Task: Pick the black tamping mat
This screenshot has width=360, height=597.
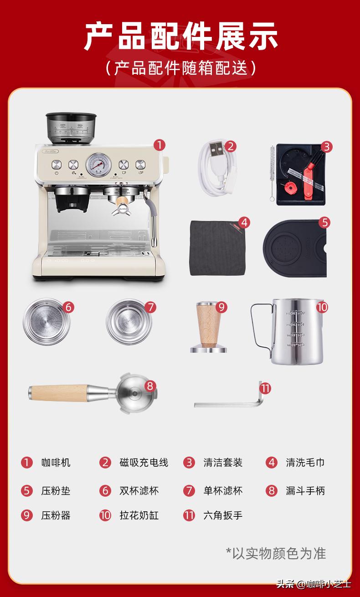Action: [x=294, y=250]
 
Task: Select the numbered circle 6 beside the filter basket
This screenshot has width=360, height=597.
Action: [x=68, y=307]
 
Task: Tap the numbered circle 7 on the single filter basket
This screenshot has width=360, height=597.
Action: [x=151, y=307]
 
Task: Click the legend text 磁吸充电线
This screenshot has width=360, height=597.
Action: [x=144, y=463]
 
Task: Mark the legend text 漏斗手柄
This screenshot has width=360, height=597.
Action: [x=305, y=491]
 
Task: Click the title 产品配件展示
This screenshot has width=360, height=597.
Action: [x=180, y=36]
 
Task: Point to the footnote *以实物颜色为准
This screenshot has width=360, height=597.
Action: [x=276, y=553]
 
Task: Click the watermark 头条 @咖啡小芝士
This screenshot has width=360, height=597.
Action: [x=314, y=584]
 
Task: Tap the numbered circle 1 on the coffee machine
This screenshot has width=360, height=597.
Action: [x=159, y=145]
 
